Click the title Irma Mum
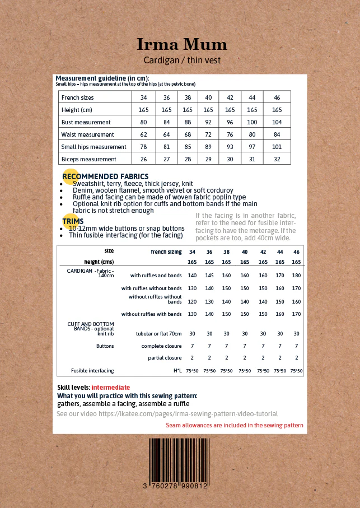182,44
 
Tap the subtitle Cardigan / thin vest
182,60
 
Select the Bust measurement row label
86,122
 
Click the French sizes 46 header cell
277,97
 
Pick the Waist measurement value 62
143,134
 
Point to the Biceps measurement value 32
277,159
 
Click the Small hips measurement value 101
277,147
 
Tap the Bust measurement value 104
277,122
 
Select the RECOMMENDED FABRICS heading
105,176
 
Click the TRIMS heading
73,221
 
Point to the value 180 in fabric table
296,276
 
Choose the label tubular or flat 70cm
159,333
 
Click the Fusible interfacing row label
92,371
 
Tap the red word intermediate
111,388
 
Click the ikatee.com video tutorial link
167,414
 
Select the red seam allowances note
235,426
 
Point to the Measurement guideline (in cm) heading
102,78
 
